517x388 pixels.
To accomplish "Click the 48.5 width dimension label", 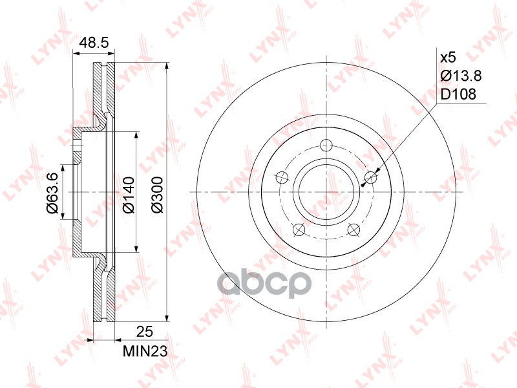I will click(x=93, y=43).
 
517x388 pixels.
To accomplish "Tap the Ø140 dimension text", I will click(x=127, y=192).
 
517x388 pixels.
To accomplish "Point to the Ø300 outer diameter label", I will click(x=156, y=192).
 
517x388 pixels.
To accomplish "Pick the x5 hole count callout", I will click(x=448, y=58).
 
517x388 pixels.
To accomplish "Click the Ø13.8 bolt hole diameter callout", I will click(x=460, y=76).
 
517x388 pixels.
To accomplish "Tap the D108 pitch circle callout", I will click(x=458, y=94).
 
